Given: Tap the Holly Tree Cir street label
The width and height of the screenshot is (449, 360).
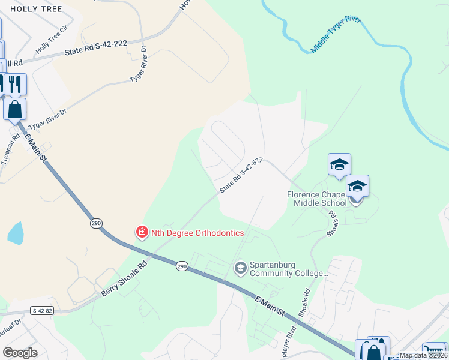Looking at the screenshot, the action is click(x=52, y=44).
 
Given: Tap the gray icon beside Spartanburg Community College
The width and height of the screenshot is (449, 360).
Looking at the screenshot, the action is click(x=241, y=268).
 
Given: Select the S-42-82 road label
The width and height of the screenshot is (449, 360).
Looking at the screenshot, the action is click(x=41, y=310).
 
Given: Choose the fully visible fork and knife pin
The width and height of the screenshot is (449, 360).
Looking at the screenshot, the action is click(x=16, y=84).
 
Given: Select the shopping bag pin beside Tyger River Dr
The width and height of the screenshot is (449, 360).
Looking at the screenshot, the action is click(x=14, y=109).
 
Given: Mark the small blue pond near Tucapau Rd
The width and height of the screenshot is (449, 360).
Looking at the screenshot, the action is click(x=16, y=233).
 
